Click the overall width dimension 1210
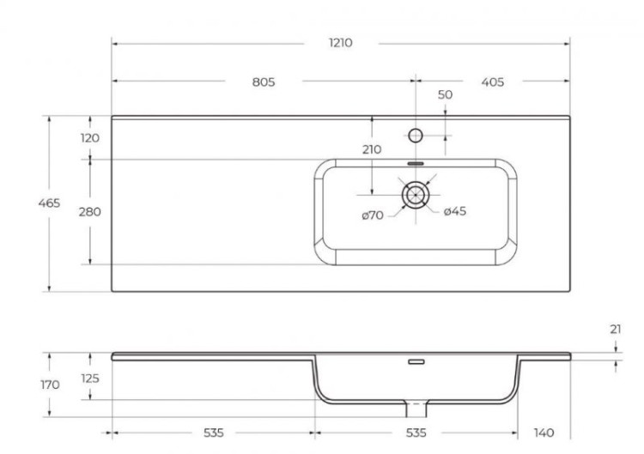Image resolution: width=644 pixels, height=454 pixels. click(341, 43)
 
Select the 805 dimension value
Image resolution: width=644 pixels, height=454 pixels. click(264, 82)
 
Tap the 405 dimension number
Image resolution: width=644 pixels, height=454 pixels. click(492, 82)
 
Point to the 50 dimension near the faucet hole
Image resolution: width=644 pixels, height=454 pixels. click(445, 95)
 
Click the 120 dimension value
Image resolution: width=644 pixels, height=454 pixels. click(90, 138)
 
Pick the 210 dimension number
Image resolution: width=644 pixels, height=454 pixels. click(371, 149)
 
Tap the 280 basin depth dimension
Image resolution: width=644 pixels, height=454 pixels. click(90, 212)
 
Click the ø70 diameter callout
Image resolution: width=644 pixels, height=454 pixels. click(372, 215)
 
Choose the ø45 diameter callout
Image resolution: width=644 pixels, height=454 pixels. click(455, 212)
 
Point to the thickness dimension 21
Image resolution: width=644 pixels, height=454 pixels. click(617, 329)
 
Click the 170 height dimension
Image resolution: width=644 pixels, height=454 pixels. click(50, 384)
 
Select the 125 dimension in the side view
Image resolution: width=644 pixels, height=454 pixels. click(90, 378)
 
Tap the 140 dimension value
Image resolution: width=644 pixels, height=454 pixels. click(544, 432)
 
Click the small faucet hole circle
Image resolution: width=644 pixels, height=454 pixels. click(416, 135)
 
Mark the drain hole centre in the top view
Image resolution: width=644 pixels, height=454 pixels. click(415, 194)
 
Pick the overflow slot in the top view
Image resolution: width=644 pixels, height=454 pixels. click(415, 162)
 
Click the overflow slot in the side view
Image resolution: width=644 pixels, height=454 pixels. click(416, 362)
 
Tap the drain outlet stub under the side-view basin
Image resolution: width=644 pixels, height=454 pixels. click(416, 404)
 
